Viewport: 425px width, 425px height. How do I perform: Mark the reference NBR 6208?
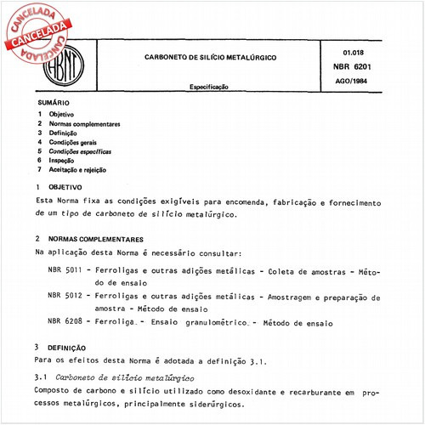coord(65,324)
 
